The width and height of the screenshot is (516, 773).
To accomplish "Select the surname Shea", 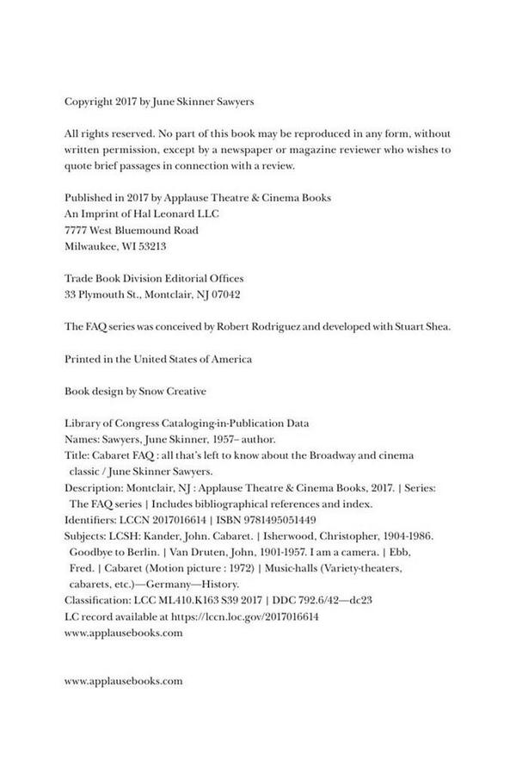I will pyautogui.click(x=441, y=327).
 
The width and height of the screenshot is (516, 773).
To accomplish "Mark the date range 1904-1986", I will pyautogui.click(x=420, y=535).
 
